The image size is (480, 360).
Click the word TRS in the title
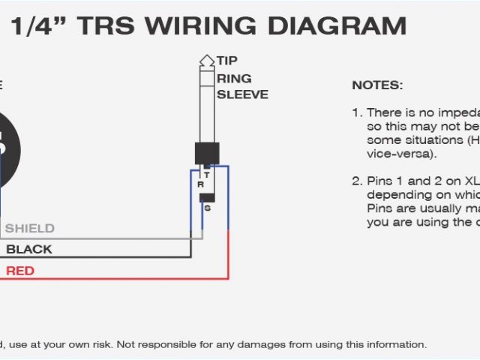(x=105, y=26)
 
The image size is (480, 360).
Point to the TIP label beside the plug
(x=227, y=61)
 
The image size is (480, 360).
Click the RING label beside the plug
(x=234, y=78)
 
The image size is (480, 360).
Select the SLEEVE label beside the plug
(x=242, y=94)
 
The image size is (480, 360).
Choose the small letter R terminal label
(x=199, y=184)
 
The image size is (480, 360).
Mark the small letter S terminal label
(x=207, y=208)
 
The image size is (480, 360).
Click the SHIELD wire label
(x=30, y=228)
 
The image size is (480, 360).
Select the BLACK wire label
(x=29, y=249)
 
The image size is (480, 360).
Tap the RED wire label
(x=20, y=270)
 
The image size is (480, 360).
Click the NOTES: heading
(x=377, y=85)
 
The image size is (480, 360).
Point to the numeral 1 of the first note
(x=355, y=112)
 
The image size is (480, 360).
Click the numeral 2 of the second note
(x=356, y=181)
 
